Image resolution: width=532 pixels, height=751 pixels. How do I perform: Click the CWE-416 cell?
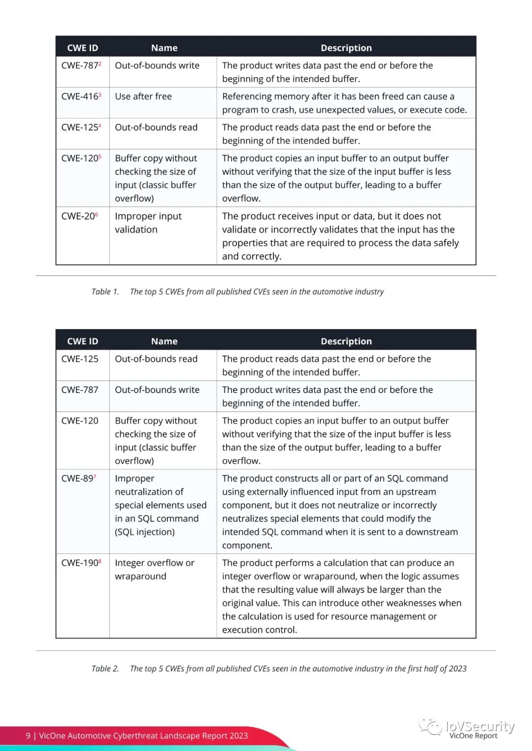point(80,96)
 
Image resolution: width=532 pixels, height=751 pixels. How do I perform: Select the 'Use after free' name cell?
point(143,96)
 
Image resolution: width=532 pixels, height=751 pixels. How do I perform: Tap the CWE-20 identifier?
point(79,216)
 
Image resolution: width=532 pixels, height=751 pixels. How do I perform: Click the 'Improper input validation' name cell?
point(148,223)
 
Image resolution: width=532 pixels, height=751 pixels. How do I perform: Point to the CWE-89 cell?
point(78,479)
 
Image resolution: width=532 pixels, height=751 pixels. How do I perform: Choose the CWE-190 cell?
point(80,563)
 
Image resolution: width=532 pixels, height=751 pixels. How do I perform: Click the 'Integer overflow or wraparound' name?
point(154,570)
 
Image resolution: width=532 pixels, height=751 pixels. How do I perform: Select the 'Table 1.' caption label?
point(105,292)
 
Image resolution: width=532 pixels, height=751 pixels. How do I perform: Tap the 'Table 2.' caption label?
point(105,668)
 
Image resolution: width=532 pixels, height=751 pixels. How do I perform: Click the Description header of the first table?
point(346,48)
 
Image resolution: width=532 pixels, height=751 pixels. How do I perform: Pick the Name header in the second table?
point(164,341)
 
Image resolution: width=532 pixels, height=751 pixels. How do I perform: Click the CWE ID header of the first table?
point(82,48)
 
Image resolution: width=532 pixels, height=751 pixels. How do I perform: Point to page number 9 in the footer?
point(28,736)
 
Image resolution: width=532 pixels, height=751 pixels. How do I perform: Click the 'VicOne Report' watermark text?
point(473,736)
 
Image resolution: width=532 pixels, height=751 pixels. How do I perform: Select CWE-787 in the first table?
point(80,65)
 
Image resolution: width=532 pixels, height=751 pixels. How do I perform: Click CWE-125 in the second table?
point(80,359)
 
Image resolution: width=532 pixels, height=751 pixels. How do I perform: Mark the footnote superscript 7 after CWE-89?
point(95,476)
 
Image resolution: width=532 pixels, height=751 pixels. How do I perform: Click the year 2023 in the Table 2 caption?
point(458,668)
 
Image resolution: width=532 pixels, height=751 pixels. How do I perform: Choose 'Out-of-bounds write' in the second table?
point(157,390)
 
